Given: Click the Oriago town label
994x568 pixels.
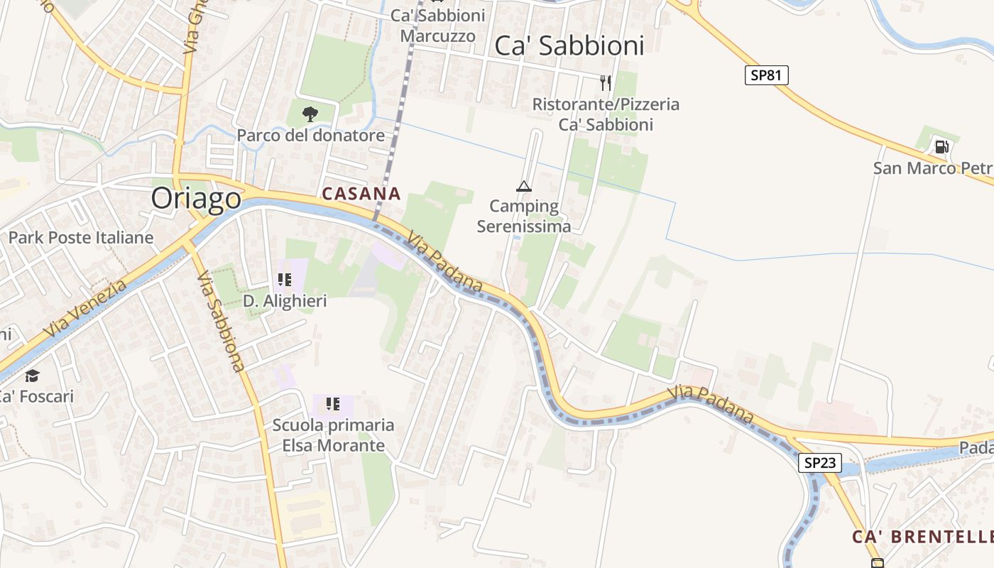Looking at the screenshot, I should [x=196, y=199].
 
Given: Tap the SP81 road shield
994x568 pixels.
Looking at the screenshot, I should [x=766, y=75].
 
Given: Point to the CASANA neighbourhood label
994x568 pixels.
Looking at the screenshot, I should [x=361, y=193].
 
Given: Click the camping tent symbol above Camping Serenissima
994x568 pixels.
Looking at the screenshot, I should [x=524, y=187].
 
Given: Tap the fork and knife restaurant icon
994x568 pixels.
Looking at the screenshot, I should [x=606, y=83].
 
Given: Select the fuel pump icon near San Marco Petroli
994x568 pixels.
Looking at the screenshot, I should [x=941, y=147].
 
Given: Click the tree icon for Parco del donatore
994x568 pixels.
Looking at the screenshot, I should [x=310, y=114].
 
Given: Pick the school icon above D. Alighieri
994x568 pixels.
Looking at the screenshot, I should [x=285, y=280].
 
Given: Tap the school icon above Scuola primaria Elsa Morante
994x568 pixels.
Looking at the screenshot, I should [x=333, y=405].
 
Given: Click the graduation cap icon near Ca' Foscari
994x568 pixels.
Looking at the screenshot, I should [x=32, y=376].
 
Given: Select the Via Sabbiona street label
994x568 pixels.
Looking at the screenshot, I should [x=220, y=321].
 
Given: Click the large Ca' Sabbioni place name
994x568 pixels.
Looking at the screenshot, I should [x=569, y=45].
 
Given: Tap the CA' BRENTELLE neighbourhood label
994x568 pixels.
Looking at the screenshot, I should [x=922, y=537].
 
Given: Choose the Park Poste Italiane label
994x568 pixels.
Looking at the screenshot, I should [x=80, y=238].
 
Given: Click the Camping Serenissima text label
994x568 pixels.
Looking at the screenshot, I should [x=524, y=217].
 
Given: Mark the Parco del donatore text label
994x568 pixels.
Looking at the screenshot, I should [x=310, y=135].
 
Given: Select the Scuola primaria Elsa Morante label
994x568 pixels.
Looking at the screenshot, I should [x=333, y=435].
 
